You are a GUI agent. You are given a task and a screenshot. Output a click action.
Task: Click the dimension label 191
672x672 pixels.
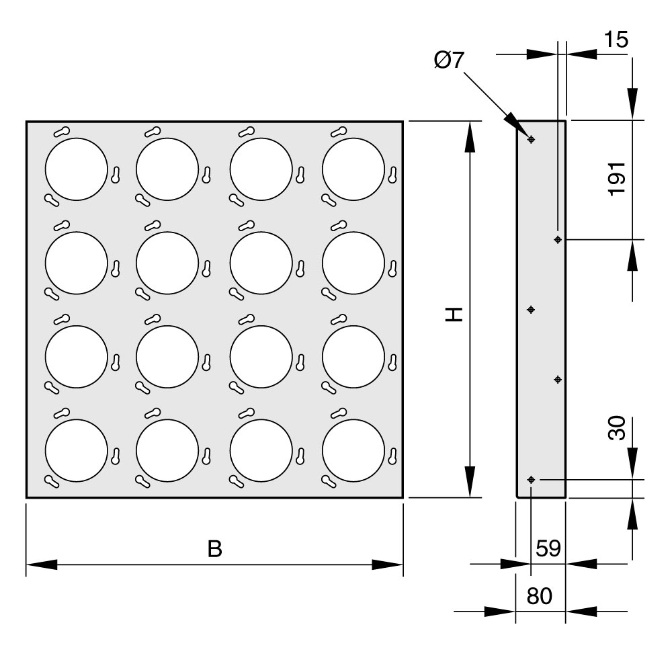[617, 179]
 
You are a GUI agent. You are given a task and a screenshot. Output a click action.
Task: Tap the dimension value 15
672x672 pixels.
[616, 40]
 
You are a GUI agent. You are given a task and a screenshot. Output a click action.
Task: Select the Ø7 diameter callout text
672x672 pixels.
[449, 60]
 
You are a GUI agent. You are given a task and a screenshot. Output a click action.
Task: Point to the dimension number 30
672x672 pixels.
[617, 427]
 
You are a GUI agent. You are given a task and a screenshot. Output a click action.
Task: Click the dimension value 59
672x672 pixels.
[548, 548]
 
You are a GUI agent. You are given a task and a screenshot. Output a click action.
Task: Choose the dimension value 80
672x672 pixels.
[539, 596]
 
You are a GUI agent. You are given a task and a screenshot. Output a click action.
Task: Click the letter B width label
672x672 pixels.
[215, 549]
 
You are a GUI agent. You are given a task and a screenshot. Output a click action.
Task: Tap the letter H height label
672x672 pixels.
[454, 314]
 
